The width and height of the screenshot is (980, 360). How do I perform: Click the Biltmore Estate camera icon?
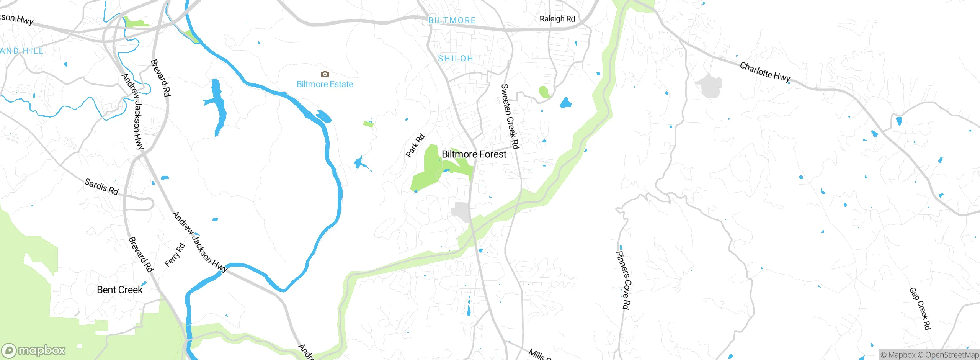[x=325, y=74]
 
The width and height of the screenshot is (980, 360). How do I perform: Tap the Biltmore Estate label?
[x=325, y=84]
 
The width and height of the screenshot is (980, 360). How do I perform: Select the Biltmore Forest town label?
[x=474, y=154]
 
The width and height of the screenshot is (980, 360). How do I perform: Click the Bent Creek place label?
[x=119, y=290]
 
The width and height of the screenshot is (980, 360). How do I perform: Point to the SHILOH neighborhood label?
[x=456, y=59]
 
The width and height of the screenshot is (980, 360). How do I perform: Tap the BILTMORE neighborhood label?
[x=452, y=20]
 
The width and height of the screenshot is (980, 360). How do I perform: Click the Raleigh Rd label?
[x=557, y=19]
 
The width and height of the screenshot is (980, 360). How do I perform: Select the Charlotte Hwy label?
[x=765, y=72]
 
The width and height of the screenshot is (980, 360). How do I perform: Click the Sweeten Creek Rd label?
[x=510, y=116]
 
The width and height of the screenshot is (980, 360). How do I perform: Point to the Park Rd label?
[x=415, y=145]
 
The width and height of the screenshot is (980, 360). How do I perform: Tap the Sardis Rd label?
[x=101, y=187]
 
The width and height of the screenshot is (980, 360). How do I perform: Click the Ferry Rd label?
[x=175, y=255]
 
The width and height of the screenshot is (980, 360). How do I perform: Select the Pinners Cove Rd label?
[x=623, y=280]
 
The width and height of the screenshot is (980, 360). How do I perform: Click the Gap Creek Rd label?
[x=920, y=308]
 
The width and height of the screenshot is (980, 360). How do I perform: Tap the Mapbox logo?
[x=34, y=350]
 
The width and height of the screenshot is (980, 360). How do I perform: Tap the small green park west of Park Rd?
[x=368, y=124]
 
